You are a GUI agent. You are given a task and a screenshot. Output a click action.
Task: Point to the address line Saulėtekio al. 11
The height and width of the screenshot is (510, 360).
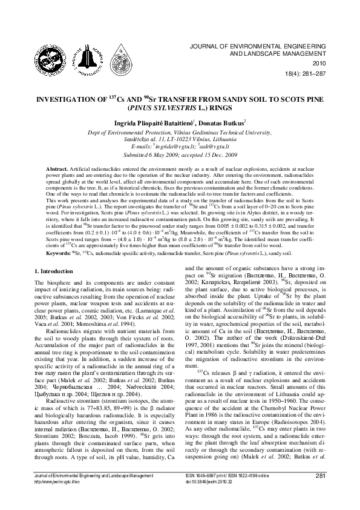click(x=179, y=138)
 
